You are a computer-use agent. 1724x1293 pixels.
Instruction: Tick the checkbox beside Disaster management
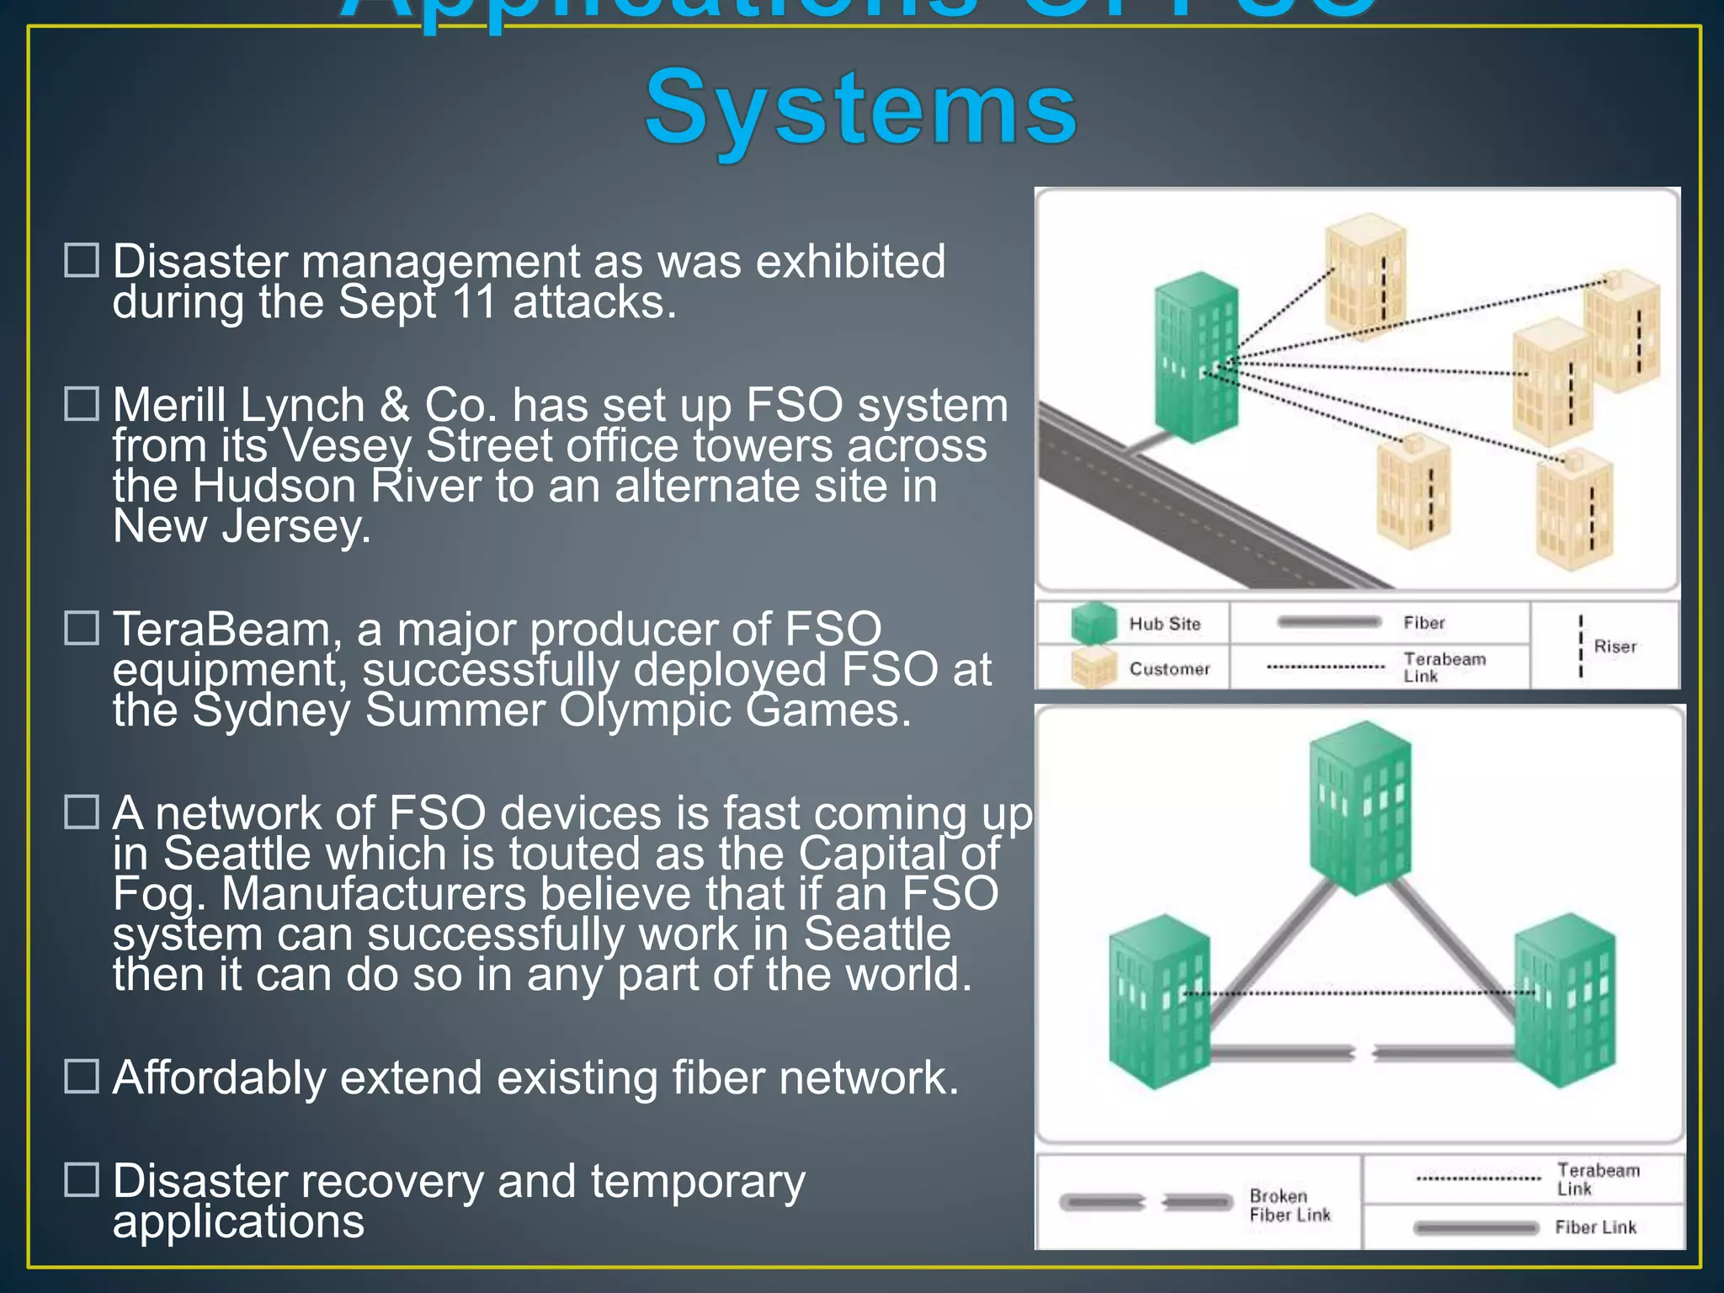tap(82, 260)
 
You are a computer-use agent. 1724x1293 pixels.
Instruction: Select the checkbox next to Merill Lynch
tap(82, 404)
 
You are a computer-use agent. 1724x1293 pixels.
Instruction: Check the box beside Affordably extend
tap(82, 1076)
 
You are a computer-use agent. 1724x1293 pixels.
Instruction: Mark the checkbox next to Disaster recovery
tap(82, 1179)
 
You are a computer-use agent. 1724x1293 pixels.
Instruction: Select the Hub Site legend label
tap(1164, 624)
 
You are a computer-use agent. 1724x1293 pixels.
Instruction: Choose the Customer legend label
tap(1169, 669)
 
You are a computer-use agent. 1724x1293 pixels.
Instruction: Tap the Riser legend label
tap(1615, 646)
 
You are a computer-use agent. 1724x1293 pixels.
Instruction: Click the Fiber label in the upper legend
tap(1423, 623)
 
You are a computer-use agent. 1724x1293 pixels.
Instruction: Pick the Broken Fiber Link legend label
tap(1290, 1205)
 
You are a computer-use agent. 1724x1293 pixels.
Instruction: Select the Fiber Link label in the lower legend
tap(1595, 1227)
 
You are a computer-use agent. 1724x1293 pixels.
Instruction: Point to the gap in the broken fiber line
tap(1363, 1052)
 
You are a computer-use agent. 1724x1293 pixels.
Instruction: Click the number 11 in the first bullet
tap(474, 301)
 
